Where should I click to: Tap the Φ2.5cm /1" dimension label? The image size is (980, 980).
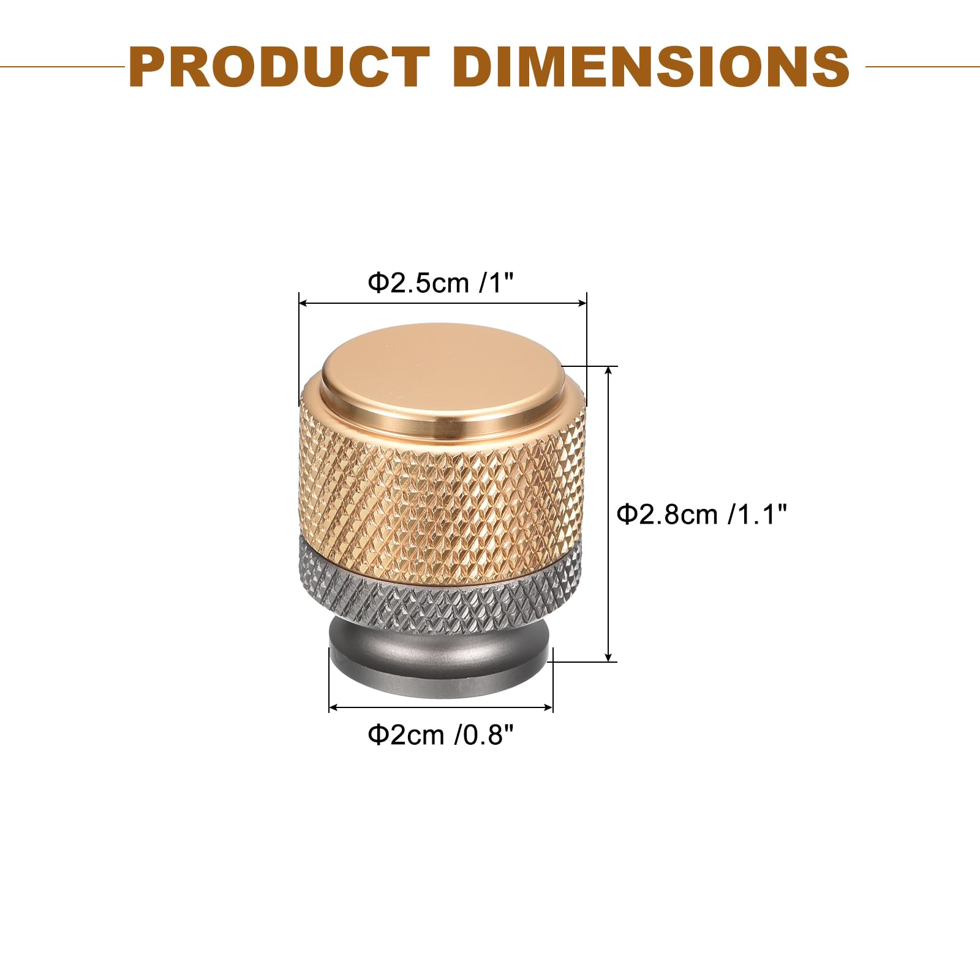[440, 283]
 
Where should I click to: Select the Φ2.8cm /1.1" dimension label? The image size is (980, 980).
[701, 514]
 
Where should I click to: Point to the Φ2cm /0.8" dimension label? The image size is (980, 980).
[440, 734]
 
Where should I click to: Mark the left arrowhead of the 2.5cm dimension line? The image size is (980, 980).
[303, 303]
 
